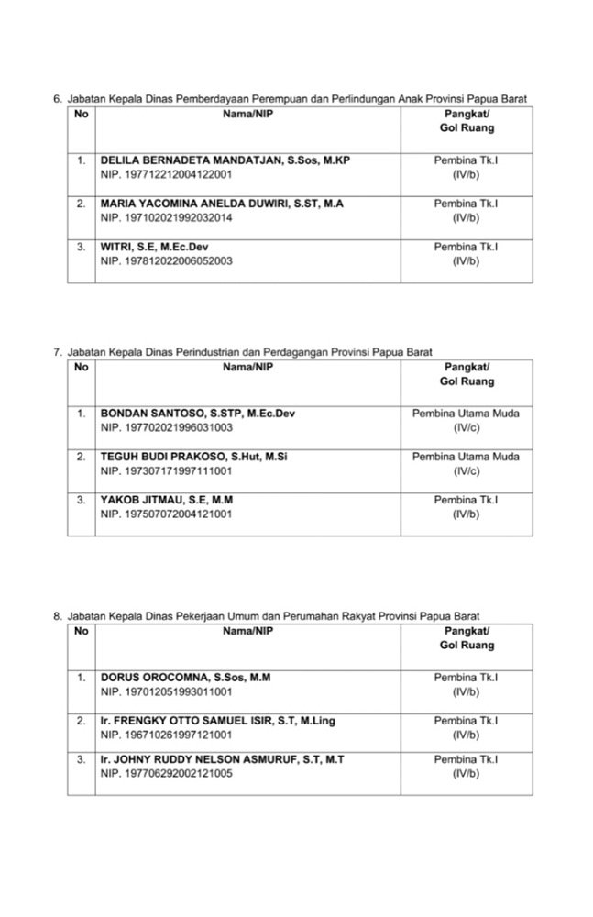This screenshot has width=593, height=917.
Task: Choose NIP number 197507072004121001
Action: (x=167, y=514)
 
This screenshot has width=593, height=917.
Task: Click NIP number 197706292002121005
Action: (x=167, y=774)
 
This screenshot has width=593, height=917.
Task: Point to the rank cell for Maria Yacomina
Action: (x=466, y=210)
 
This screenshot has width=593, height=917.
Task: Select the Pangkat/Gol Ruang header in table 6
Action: (x=466, y=121)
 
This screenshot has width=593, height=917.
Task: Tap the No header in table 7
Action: (x=82, y=367)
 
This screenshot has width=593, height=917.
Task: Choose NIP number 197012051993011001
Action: (x=167, y=691)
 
